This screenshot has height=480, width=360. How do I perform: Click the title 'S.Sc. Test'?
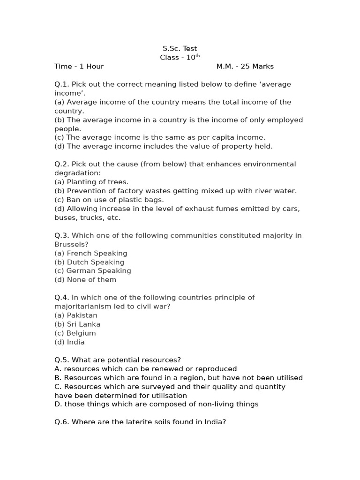180,49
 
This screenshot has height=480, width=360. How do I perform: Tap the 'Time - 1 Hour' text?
79,67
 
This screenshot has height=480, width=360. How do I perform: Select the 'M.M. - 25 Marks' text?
245,67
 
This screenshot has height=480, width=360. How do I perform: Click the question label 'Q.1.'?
62,84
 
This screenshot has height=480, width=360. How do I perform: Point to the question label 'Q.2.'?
62,164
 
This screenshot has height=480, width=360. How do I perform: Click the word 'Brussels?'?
71,244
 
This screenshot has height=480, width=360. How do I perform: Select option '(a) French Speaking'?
91,253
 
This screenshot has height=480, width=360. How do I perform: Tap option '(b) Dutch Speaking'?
90,262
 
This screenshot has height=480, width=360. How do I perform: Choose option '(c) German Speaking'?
93,271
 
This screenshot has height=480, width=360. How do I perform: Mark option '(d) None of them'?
85,280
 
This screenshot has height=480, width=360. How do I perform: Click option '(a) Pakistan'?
76,315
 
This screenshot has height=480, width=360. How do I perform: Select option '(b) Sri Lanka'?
77,324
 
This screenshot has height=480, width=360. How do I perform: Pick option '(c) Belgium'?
75,333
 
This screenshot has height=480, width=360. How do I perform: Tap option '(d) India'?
69,342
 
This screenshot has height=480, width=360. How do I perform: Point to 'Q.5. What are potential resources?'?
118,360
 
